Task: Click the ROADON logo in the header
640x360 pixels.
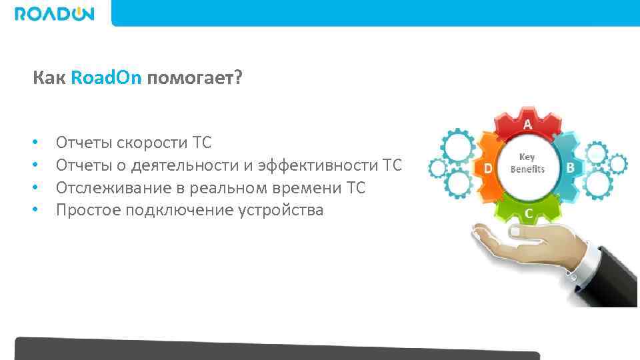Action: pos(55,13)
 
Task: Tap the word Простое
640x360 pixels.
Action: pos(86,210)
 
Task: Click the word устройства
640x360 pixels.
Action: pos(280,210)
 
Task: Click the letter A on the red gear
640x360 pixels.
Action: pos(527,124)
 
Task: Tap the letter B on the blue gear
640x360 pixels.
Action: pos(570,168)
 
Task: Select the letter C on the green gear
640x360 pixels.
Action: pos(528,213)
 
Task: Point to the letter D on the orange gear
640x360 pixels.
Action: pos(488,169)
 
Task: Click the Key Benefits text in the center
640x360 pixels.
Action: pos(527,163)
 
